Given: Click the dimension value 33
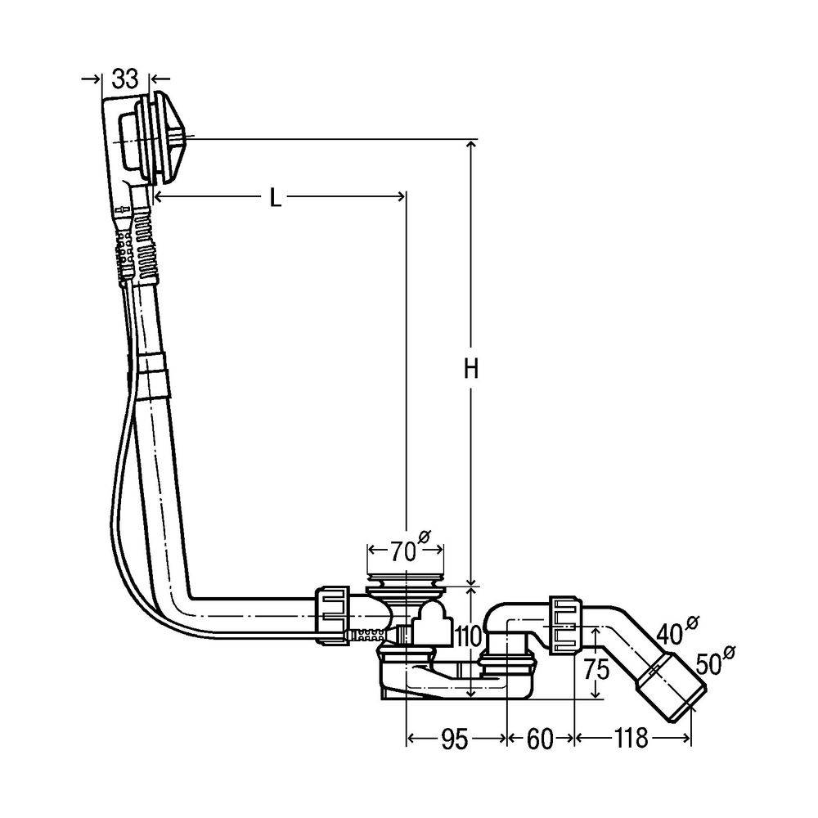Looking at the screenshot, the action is [125, 79].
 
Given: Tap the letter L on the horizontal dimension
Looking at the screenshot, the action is [275, 198].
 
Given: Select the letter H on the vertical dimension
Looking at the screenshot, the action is [471, 370].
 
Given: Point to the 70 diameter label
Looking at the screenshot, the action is [410, 548].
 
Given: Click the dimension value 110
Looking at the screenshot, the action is [468, 636].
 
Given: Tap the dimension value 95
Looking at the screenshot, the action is [454, 739].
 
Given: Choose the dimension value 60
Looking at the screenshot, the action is [539, 739].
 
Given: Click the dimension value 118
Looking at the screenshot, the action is [631, 738].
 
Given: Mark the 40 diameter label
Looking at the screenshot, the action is [677, 630].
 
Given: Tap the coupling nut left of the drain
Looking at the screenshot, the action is [332, 616].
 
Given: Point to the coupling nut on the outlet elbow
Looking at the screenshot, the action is [564, 625].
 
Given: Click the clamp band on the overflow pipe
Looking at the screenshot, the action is [155, 375].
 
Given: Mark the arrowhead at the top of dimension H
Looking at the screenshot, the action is [472, 145].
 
